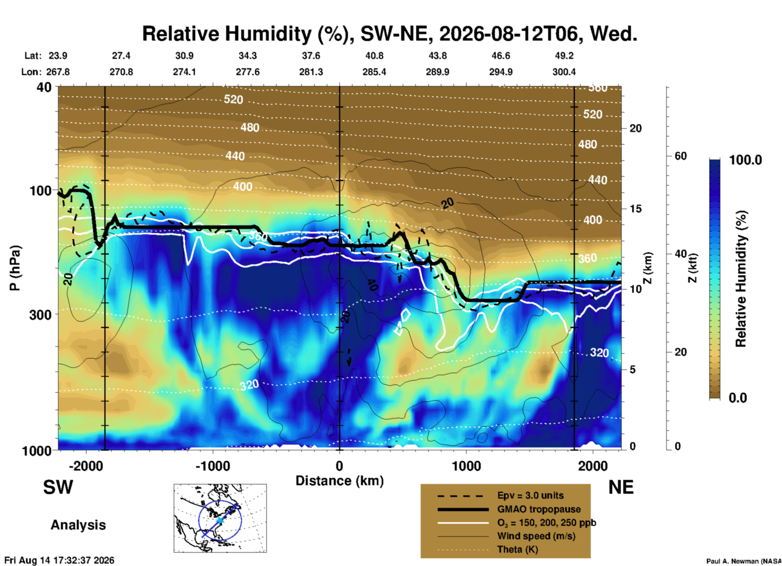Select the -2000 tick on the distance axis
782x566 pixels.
(86, 466)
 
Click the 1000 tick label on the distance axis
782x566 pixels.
(466, 466)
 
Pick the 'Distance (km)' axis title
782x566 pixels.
(339, 481)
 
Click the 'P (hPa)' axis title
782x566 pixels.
(15, 268)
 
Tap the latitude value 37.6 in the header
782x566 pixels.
(311, 56)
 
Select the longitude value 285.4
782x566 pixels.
(374, 72)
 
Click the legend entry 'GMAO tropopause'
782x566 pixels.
(539, 509)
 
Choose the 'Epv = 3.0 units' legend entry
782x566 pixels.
(530, 495)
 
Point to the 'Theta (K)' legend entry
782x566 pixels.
(518, 549)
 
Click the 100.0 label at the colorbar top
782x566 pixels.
(745, 160)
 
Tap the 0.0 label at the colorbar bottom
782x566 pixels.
(738, 397)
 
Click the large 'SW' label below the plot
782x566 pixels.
(58, 487)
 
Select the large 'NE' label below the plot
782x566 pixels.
(621, 487)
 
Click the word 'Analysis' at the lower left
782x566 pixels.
(78, 525)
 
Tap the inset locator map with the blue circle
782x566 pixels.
(220, 518)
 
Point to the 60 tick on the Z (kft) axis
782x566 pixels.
(680, 156)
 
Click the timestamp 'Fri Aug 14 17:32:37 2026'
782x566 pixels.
(59, 560)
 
